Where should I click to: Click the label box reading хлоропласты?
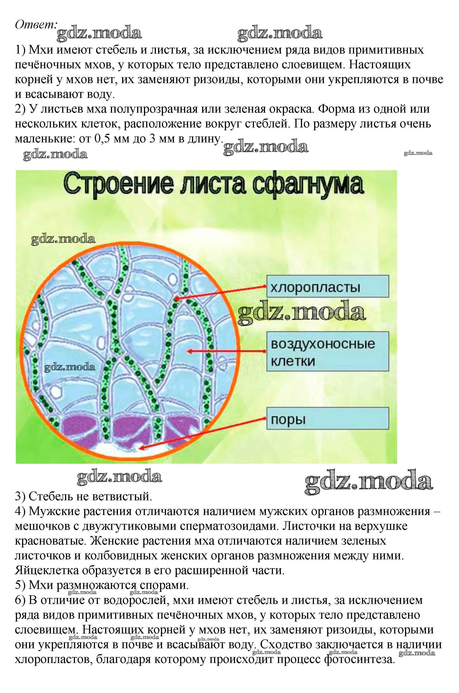pos(327,286)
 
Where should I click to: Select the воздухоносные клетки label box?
pos(327,351)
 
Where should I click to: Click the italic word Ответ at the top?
pos(35,25)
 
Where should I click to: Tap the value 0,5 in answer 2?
pos(103,138)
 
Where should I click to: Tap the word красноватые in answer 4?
pos(50,540)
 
